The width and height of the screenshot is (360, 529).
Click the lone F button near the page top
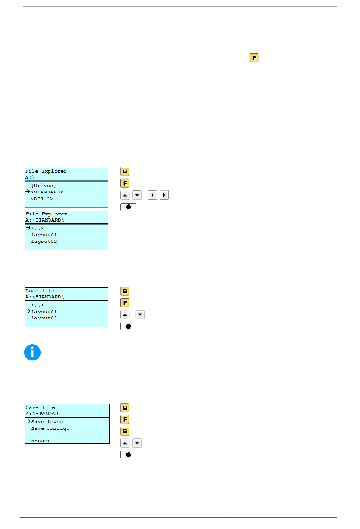point(254,58)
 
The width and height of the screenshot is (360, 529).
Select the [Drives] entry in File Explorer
point(44,186)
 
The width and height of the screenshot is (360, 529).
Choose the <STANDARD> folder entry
point(47,192)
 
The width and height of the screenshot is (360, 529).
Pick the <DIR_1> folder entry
point(42,198)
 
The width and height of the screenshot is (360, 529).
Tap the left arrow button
point(152,195)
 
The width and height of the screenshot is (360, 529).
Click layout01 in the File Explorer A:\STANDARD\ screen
point(44,235)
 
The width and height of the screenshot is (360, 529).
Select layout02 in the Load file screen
point(44,318)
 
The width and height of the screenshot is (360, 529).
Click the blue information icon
point(32,353)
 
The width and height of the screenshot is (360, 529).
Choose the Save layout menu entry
point(49,422)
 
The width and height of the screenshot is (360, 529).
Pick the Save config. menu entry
point(50,428)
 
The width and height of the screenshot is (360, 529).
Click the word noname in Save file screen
point(41,441)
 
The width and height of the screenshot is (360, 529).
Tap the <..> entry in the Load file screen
point(38,305)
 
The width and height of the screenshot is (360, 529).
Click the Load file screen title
point(40,291)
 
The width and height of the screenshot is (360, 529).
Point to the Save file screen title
point(40,407)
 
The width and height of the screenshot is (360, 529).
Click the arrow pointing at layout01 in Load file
point(28,311)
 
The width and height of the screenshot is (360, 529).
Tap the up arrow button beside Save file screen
point(125,443)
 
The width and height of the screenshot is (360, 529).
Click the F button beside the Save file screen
point(125,420)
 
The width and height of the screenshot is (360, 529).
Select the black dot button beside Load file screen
point(128,326)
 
